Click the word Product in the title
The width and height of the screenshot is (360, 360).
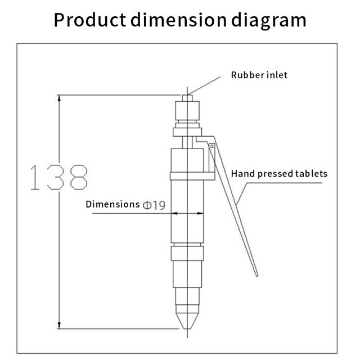click(90, 20)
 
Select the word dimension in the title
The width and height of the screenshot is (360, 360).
click(179, 20)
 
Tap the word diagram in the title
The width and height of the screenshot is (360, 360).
click(269, 21)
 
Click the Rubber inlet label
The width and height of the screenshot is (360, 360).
click(259, 75)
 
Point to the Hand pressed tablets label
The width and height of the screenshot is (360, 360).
click(279, 174)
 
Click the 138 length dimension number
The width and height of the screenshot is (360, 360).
click(58, 177)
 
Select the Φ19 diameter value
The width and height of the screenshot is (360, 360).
click(154, 205)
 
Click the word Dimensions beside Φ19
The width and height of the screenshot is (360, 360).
click(112, 204)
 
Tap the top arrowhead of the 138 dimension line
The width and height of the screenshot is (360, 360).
click(59, 98)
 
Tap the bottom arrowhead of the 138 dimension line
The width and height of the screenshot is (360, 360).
click(59, 325)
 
